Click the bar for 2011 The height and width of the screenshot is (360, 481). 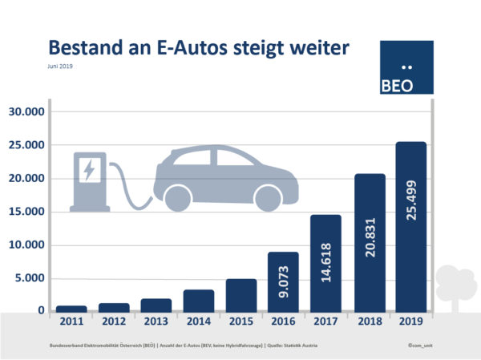pos(71,308)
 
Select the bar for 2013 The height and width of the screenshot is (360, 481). pos(156,305)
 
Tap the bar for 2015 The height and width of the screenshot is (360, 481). pos(241,295)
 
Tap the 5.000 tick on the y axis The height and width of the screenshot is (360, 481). pos(30,278)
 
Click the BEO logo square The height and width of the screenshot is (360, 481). pos(406,68)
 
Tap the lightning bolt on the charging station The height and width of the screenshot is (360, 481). pos(88,170)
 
